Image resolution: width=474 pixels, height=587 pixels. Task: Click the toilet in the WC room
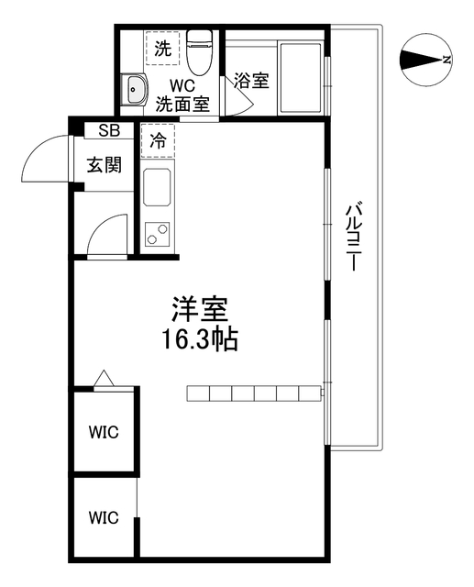(x=199, y=52)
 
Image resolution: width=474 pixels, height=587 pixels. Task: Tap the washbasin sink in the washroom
(x=135, y=89)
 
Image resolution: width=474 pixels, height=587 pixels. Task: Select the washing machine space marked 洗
(x=163, y=49)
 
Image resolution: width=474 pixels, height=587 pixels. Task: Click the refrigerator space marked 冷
(x=158, y=140)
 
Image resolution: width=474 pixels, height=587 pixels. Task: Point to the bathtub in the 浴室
(x=300, y=79)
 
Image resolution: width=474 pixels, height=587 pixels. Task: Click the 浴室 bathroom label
(x=252, y=80)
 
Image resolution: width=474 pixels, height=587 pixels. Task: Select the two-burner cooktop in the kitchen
(x=158, y=235)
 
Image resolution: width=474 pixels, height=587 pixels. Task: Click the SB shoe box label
(x=109, y=130)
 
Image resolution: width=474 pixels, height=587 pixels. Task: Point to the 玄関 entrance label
(x=105, y=165)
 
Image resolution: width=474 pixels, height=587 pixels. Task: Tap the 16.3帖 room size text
(x=200, y=339)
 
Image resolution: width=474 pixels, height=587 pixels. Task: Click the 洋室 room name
(x=200, y=309)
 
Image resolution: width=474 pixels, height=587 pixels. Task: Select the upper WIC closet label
(x=104, y=432)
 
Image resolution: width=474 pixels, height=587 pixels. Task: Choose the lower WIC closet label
(x=104, y=517)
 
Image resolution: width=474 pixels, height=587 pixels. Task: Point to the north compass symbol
(x=425, y=59)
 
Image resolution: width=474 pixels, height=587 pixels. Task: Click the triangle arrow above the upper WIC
(x=104, y=378)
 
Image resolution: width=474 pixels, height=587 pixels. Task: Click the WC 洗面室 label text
(x=182, y=95)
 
